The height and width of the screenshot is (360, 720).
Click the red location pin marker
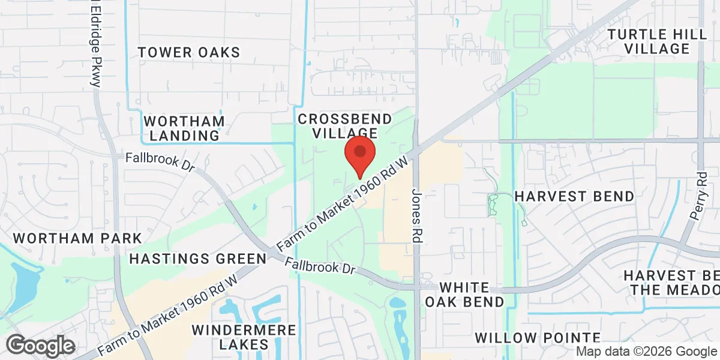tap(359, 155)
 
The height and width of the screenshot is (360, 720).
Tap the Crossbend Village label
tap(345, 126)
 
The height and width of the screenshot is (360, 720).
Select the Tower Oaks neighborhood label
tap(189, 52)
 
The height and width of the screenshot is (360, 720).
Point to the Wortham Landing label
tap(185, 128)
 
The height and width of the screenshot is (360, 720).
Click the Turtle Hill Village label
tap(657, 41)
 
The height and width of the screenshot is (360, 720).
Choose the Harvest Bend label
tap(574, 196)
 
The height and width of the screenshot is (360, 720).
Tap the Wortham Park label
tap(77, 238)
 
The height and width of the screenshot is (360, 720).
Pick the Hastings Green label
tap(198, 259)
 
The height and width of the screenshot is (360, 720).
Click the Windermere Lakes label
tap(244, 337)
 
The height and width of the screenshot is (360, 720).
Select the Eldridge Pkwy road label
tap(94, 45)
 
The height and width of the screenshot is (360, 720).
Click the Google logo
tap(40, 346)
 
